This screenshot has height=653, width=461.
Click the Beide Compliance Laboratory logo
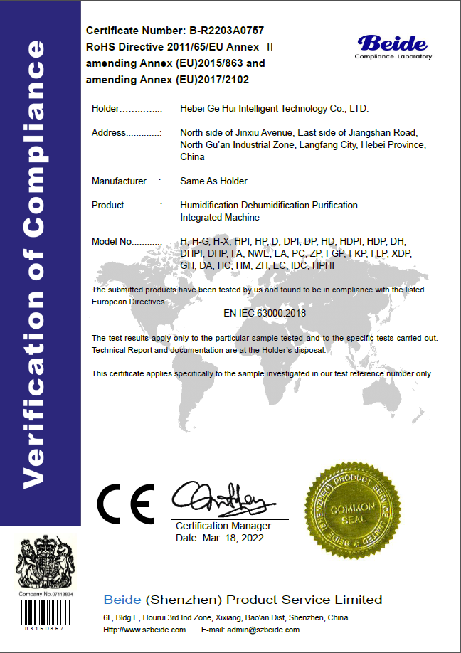coord(394,46)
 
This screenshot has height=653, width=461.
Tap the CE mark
coord(124,503)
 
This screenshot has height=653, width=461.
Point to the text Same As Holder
coord(213,181)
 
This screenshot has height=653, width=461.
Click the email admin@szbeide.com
coord(270,630)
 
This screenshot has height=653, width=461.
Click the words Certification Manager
coord(223,526)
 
